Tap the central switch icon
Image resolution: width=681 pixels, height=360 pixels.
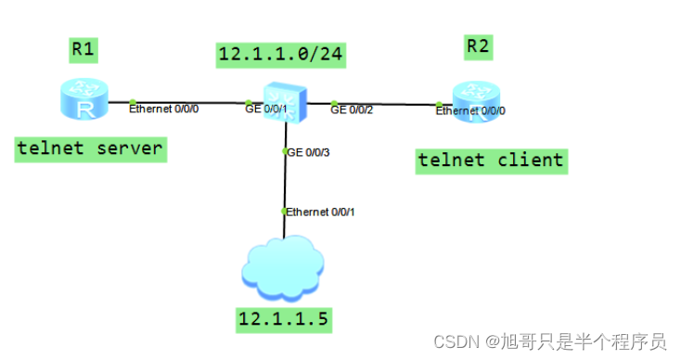(282, 103)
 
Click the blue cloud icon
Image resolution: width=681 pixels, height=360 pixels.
(283, 270)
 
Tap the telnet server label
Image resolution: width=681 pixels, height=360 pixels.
(91, 148)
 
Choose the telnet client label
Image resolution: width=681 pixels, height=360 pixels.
(491, 161)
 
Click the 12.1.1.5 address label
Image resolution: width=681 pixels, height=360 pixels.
(284, 321)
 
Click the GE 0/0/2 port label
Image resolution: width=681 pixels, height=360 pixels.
(352, 109)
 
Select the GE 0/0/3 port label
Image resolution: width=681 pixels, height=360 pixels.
(308, 151)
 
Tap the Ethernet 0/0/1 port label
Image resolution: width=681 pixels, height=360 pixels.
(320, 212)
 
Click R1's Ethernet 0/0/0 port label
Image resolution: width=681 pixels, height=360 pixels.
(163, 109)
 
